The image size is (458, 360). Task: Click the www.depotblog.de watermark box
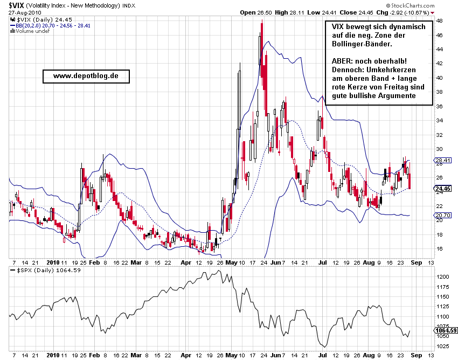[86, 76]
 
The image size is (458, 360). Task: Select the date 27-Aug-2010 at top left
[22, 12]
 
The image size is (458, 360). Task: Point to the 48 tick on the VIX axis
[440, 21]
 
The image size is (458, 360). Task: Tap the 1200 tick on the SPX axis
[442, 276]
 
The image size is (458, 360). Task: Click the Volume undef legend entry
[33, 31]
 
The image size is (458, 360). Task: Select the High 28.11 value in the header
[289, 12]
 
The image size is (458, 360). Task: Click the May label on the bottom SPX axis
[231, 355]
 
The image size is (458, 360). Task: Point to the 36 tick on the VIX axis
[440, 106]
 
